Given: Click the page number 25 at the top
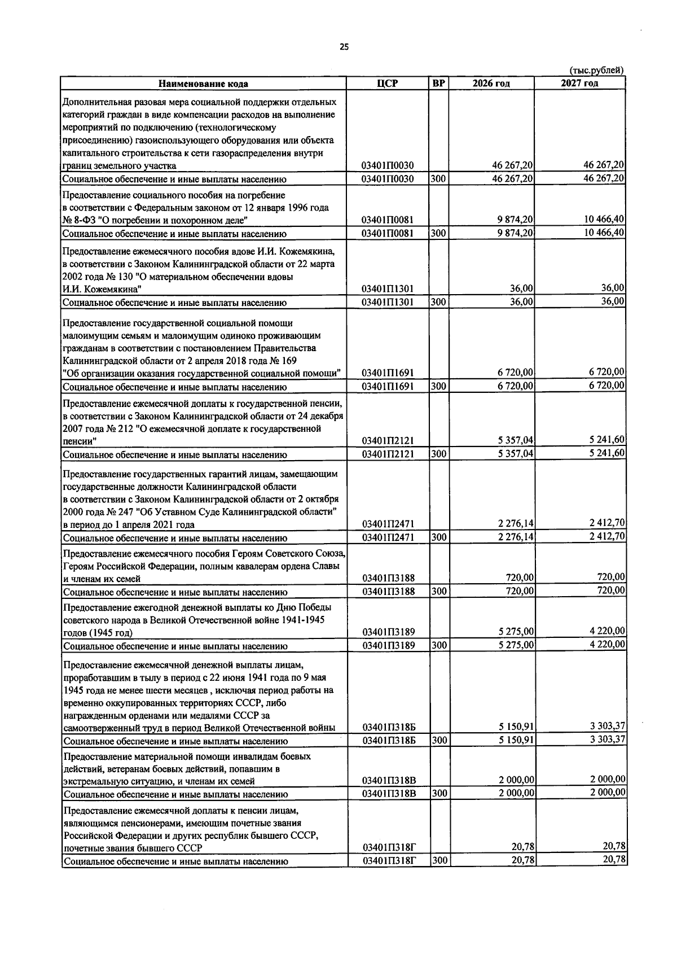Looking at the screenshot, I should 344,47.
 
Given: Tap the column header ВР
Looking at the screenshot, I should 438,84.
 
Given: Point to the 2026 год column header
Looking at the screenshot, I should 491,84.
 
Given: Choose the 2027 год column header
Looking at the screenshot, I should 579,84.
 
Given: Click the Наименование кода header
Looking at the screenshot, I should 203,84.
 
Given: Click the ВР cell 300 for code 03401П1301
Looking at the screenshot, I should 438,302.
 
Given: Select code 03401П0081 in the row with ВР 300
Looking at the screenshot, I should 387,234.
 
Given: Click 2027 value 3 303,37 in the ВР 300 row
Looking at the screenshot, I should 607,740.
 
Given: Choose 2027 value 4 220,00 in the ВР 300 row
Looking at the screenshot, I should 607,645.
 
